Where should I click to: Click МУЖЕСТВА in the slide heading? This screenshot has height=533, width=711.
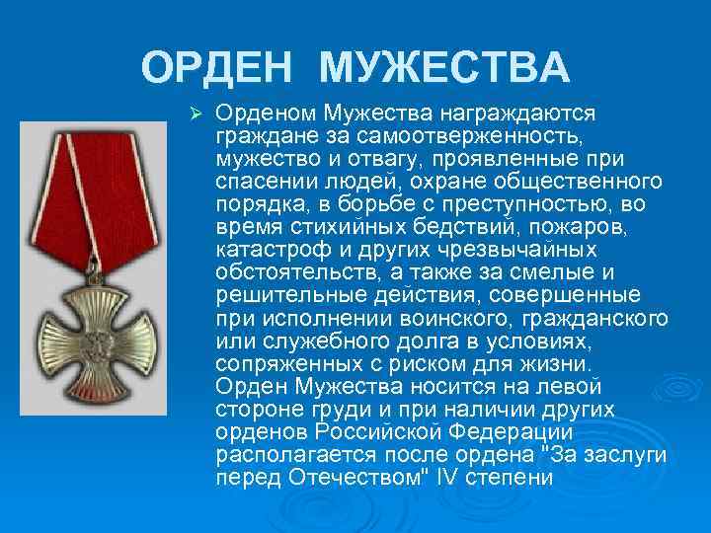tap(445, 68)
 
